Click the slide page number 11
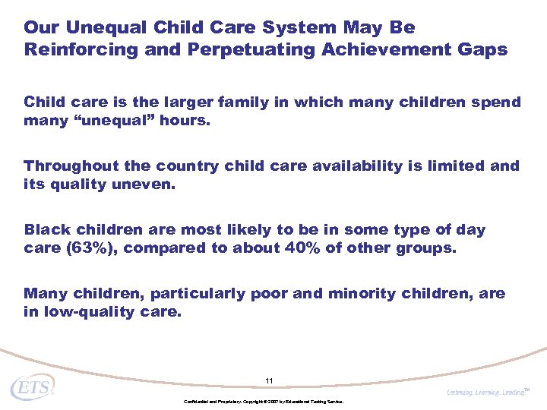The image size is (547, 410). (x=269, y=380)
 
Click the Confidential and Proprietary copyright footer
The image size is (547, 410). (x=264, y=401)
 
